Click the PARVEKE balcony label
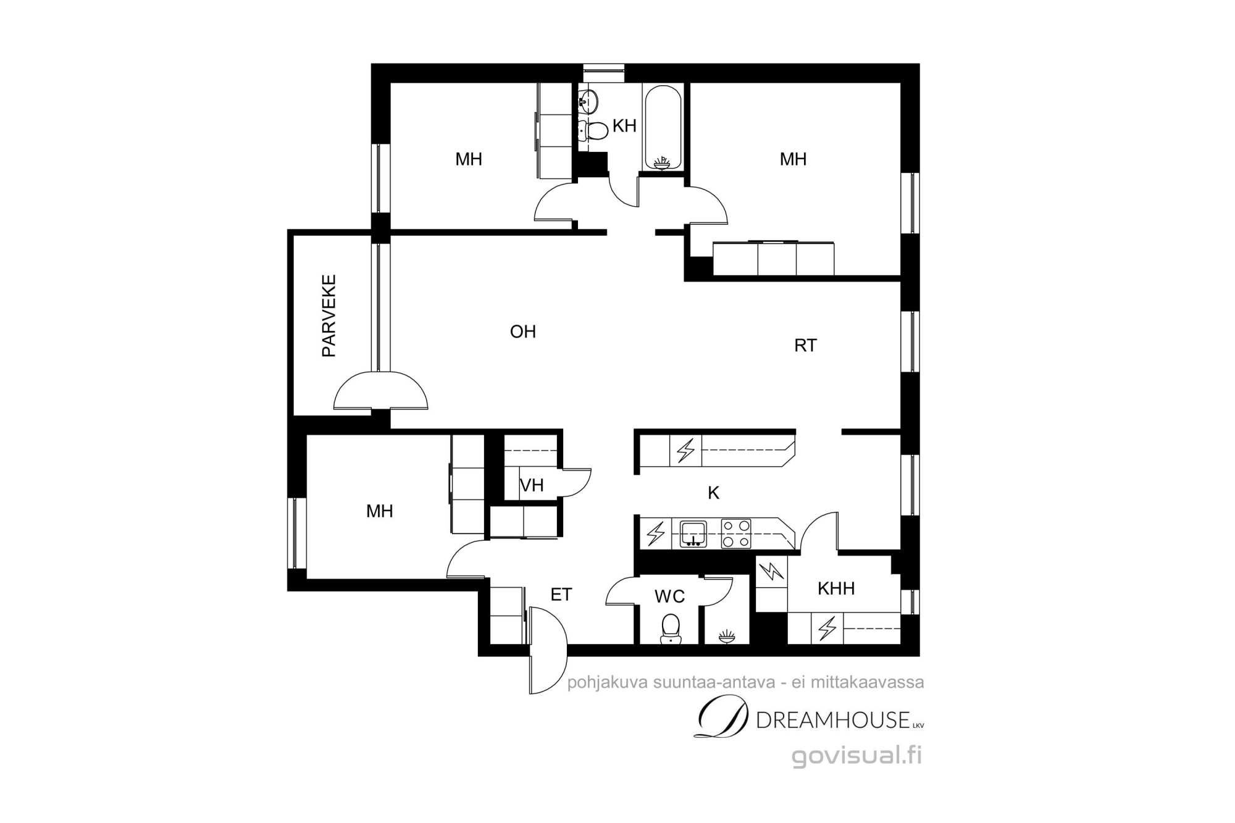coord(329,315)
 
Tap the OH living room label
coord(523,332)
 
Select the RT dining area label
coord(805,346)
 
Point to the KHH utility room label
coord(836,588)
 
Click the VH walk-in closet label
coord(532,486)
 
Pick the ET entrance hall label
coord(561,595)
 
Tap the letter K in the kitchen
coord(714,493)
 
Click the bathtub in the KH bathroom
coord(663,127)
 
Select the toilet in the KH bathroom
coord(593,130)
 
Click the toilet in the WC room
coord(669,628)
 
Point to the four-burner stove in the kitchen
coord(737,534)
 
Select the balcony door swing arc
coord(380,390)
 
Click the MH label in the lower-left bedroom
coord(380,511)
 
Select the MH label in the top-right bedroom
coord(793,159)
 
